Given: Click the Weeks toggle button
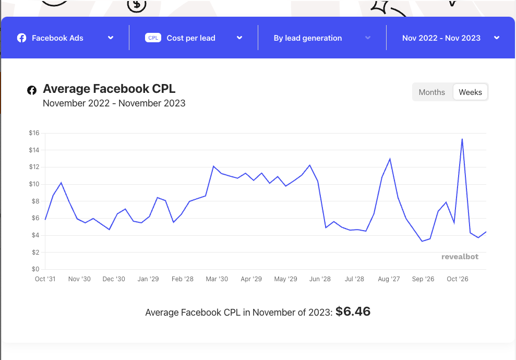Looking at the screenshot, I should click(x=470, y=92).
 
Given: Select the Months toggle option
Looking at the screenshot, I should click(x=432, y=92).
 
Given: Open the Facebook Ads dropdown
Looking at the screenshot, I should click(x=65, y=38).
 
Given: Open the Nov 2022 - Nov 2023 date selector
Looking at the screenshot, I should click(x=450, y=38).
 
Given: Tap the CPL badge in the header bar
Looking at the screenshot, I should click(x=153, y=38).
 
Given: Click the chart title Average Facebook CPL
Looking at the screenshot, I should click(x=109, y=89).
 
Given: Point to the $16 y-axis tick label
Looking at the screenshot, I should click(x=34, y=133).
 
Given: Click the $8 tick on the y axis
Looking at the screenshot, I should click(x=35, y=201).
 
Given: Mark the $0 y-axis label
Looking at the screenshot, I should click(x=35, y=269).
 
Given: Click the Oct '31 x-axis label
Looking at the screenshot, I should click(x=45, y=279).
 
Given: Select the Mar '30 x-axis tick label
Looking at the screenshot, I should click(x=217, y=279).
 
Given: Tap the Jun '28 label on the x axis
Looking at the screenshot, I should click(x=320, y=279).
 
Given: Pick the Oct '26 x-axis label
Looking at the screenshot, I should click(x=458, y=279).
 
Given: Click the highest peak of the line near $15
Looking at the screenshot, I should click(x=462, y=139).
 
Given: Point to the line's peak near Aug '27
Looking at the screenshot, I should click(x=390, y=159).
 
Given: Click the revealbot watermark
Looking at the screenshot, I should click(x=460, y=257).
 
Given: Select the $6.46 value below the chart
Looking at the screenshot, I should click(x=353, y=312).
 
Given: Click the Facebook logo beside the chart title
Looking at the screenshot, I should click(x=32, y=90).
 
